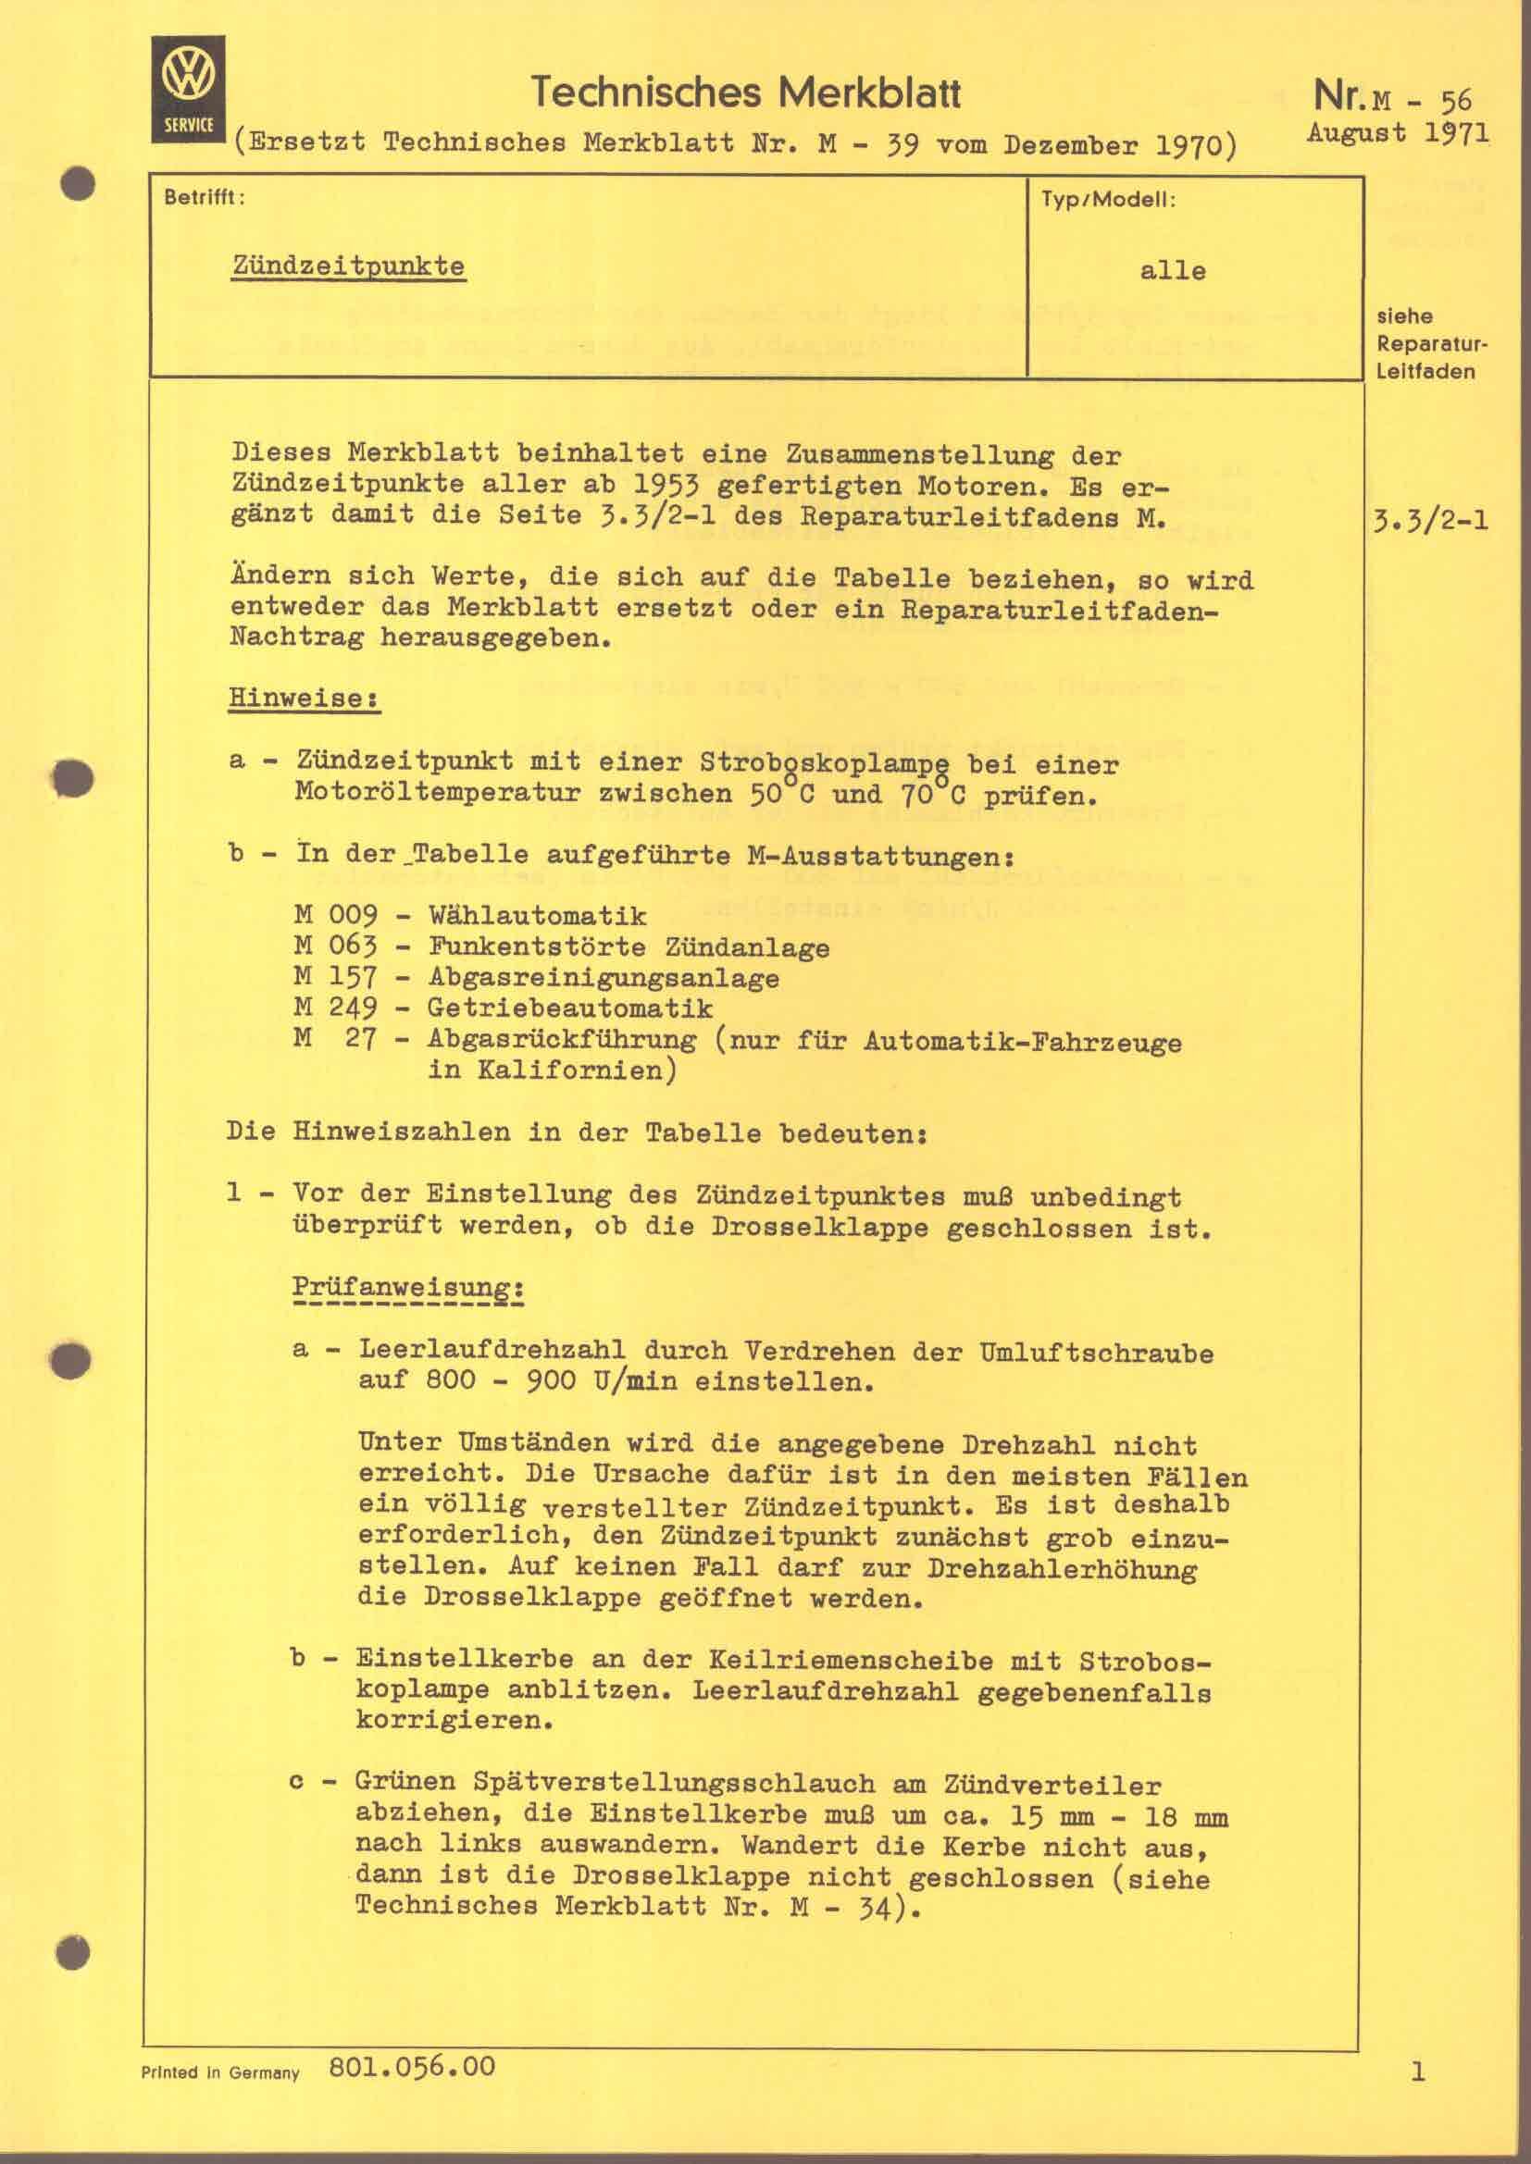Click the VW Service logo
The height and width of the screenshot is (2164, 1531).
[x=189, y=90]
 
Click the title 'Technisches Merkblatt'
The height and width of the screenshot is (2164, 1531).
[x=746, y=93]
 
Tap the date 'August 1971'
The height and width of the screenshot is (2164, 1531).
[x=1398, y=132]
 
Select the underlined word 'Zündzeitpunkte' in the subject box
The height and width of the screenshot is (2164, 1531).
[x=349, y=266]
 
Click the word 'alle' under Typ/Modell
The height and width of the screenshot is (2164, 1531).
[x=1173, y=271]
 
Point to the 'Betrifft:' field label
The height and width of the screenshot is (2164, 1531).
[x=205, y=199]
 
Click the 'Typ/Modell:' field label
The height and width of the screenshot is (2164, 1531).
[x=1109, y=201]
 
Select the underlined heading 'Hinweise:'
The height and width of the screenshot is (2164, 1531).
[x=304, y=699]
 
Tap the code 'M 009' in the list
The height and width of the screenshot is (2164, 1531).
[x=336, y=915]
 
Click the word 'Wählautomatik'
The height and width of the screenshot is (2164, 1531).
[x=538, y=915]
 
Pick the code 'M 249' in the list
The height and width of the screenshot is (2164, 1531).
[x=336, y=1008]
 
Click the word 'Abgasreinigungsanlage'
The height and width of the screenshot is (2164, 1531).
[x=604, y=977]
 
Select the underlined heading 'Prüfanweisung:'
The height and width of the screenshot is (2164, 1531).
[x=408, y=1288]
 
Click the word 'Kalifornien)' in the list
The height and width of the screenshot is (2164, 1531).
[x=553, y=1070]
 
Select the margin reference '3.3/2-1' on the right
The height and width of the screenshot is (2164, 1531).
[x=1432, y=520]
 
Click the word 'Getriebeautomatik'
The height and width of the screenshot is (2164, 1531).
[x=569, y=1008]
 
